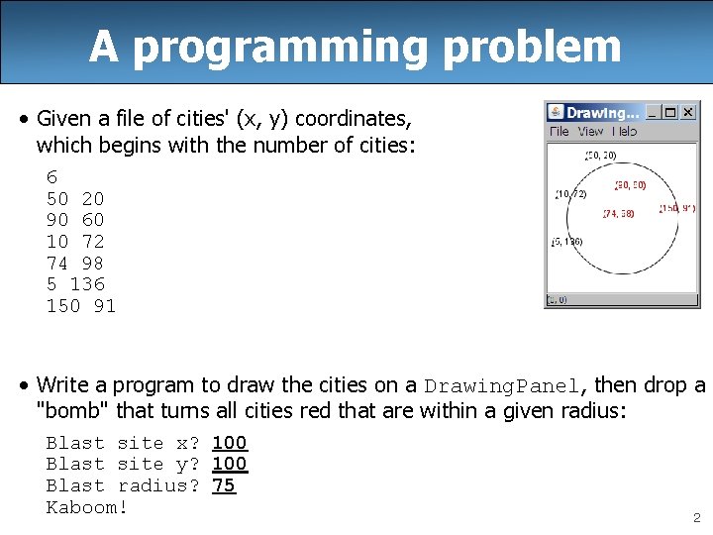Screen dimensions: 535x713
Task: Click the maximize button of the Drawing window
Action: [x=670, y=113]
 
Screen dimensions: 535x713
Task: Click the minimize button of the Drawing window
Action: [x=653, y=113]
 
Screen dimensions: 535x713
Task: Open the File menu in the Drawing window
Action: [x=560, y=132]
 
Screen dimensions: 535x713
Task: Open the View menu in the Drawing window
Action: [x=590, y=132]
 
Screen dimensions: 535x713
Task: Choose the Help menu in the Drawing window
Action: [x=624, y=132]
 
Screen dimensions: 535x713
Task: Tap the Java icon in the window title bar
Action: [x=556, y=113]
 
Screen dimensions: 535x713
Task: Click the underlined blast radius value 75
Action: [x=224, y=485]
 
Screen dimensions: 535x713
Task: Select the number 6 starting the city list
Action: [x=51, y=178]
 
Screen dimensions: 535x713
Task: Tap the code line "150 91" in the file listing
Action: [x=81, y=306]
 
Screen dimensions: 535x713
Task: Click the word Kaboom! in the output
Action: [x=87, y=507]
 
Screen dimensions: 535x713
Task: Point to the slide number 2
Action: [x=696, y=518]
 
